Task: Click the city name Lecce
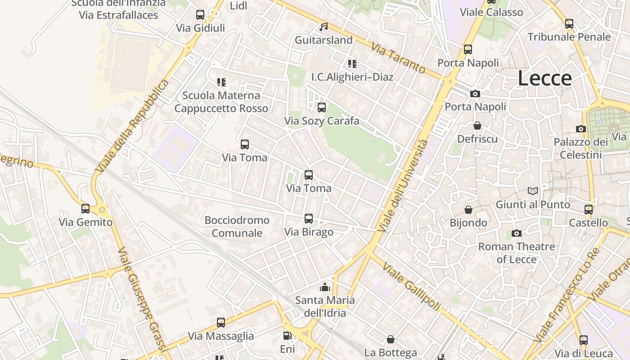tap(544, 78)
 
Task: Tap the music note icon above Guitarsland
tap(323, 27)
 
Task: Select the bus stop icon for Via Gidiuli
tap(200, 15)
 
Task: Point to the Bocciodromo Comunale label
tap(237, 226)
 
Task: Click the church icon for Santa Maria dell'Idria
tap(324, 287)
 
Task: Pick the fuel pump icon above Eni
tap(287, 336)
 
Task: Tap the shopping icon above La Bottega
tap(391, 339)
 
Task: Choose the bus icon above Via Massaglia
tap(220, 323)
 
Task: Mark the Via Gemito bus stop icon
tap(85, 209)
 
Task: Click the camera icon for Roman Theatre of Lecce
tap(516, 233)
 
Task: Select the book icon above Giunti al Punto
tap(533, 191)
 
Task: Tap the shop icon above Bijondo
tap(468, 210)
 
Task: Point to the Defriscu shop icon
tap(477, 126)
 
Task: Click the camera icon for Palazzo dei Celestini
tap(580, 129)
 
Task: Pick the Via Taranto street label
tap(398, 58)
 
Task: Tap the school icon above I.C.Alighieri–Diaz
tap(352, 64)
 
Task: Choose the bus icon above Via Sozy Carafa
tap(321, 108)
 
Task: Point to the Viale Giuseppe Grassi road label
tap(142, 299)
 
